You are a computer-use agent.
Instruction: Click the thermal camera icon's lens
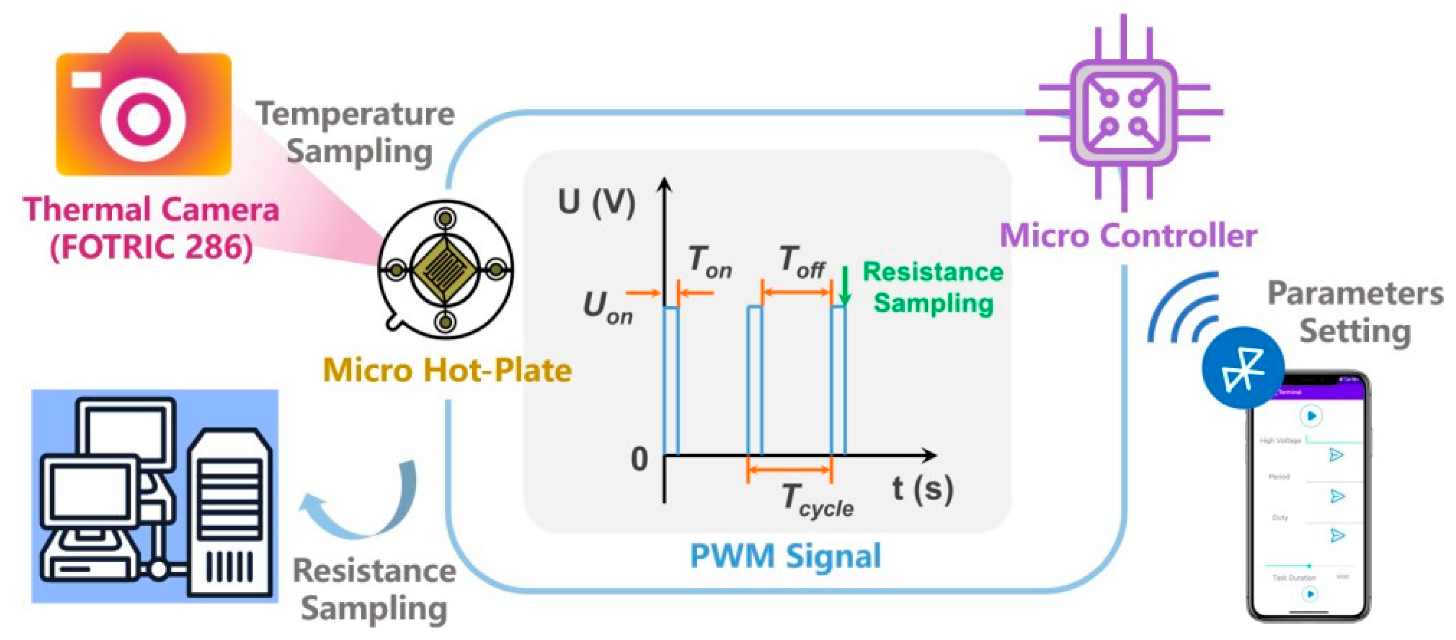pyautogui.click(x=143, y=118)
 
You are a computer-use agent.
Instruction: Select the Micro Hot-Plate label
pyautogui.click(x=446, y=370)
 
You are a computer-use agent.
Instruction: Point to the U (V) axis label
pyautogui.click(x=596, y=202)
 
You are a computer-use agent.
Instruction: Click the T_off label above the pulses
pyautogui.click(x=802, y=261)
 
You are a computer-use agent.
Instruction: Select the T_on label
pyautogui.click(x=710, y=261)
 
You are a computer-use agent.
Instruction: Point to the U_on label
pyautogui.click(x=608, y=307)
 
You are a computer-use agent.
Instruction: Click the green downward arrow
pyautogui.click(x=844, y=286)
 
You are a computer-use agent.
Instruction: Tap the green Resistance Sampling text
pyautogui.click(x=933, y=287)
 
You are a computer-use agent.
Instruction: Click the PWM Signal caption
pyautogui.click(x=785, y=555)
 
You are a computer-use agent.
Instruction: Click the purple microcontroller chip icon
pyautogui.click(x=1124, y=112)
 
